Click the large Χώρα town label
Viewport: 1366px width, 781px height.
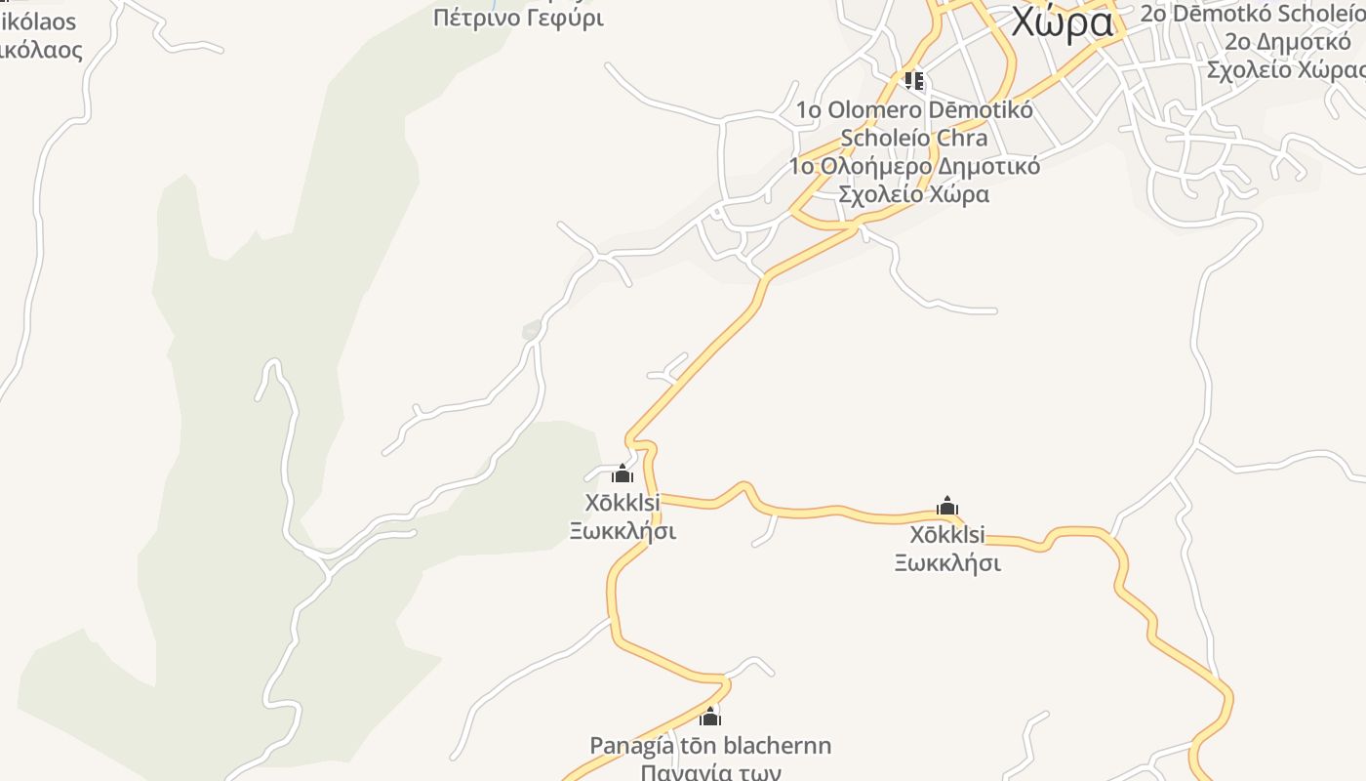(1062, 21)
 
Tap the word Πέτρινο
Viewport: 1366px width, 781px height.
(472, 17)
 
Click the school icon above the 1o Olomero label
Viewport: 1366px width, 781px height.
(913, 80)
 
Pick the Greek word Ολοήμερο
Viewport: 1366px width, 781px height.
(872, 166)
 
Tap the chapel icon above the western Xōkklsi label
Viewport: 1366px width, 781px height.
(623, 474)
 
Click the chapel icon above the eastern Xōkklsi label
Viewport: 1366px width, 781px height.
(947, 506)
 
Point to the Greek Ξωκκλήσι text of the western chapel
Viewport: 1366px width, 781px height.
(623, 531)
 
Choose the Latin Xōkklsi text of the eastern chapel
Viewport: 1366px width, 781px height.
(947, 535)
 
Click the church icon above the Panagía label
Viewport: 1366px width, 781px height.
(710, 717)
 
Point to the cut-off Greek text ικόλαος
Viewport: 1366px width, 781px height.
(41, 49)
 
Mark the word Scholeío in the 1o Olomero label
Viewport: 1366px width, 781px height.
(885, 138)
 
